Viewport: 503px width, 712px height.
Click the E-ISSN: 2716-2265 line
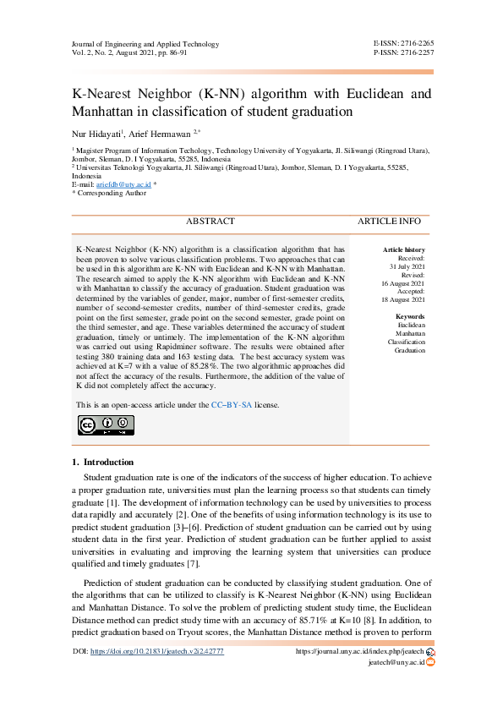(x=403, y=42)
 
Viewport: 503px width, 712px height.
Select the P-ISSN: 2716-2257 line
(x=403, y=52)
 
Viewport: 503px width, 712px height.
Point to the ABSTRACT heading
(x=210, y=222)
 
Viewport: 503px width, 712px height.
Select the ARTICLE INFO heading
(x=389, y=222)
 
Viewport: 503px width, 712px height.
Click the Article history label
(x=404, y=250)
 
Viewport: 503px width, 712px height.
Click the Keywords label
(x=410, y=316)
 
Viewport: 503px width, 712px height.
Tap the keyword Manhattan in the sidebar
(x=410, y=332)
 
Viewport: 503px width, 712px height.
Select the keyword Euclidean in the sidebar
(x=411, y=325)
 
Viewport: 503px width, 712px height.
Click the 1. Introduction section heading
(x=102, y=463)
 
